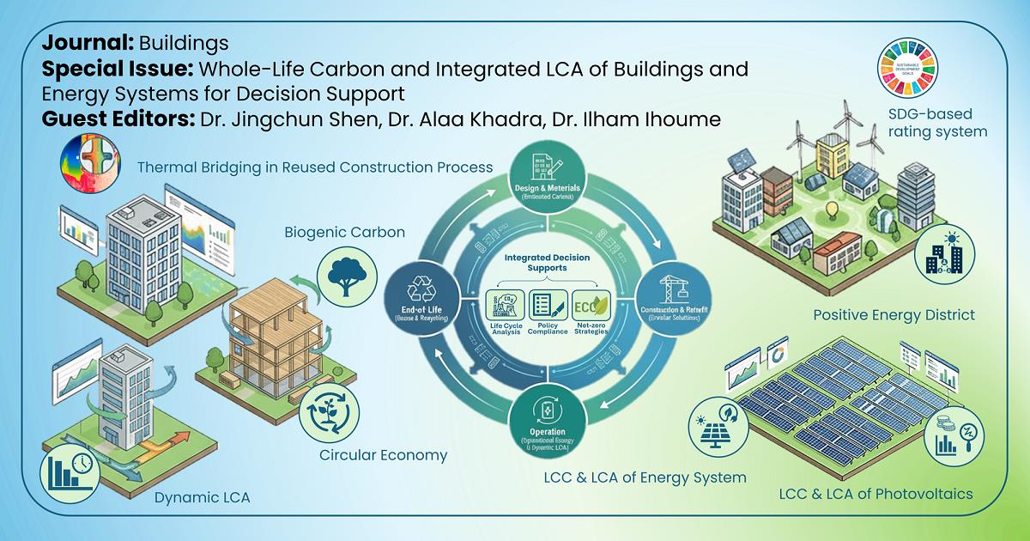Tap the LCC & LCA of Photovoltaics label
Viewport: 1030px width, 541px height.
coord(875,494)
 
